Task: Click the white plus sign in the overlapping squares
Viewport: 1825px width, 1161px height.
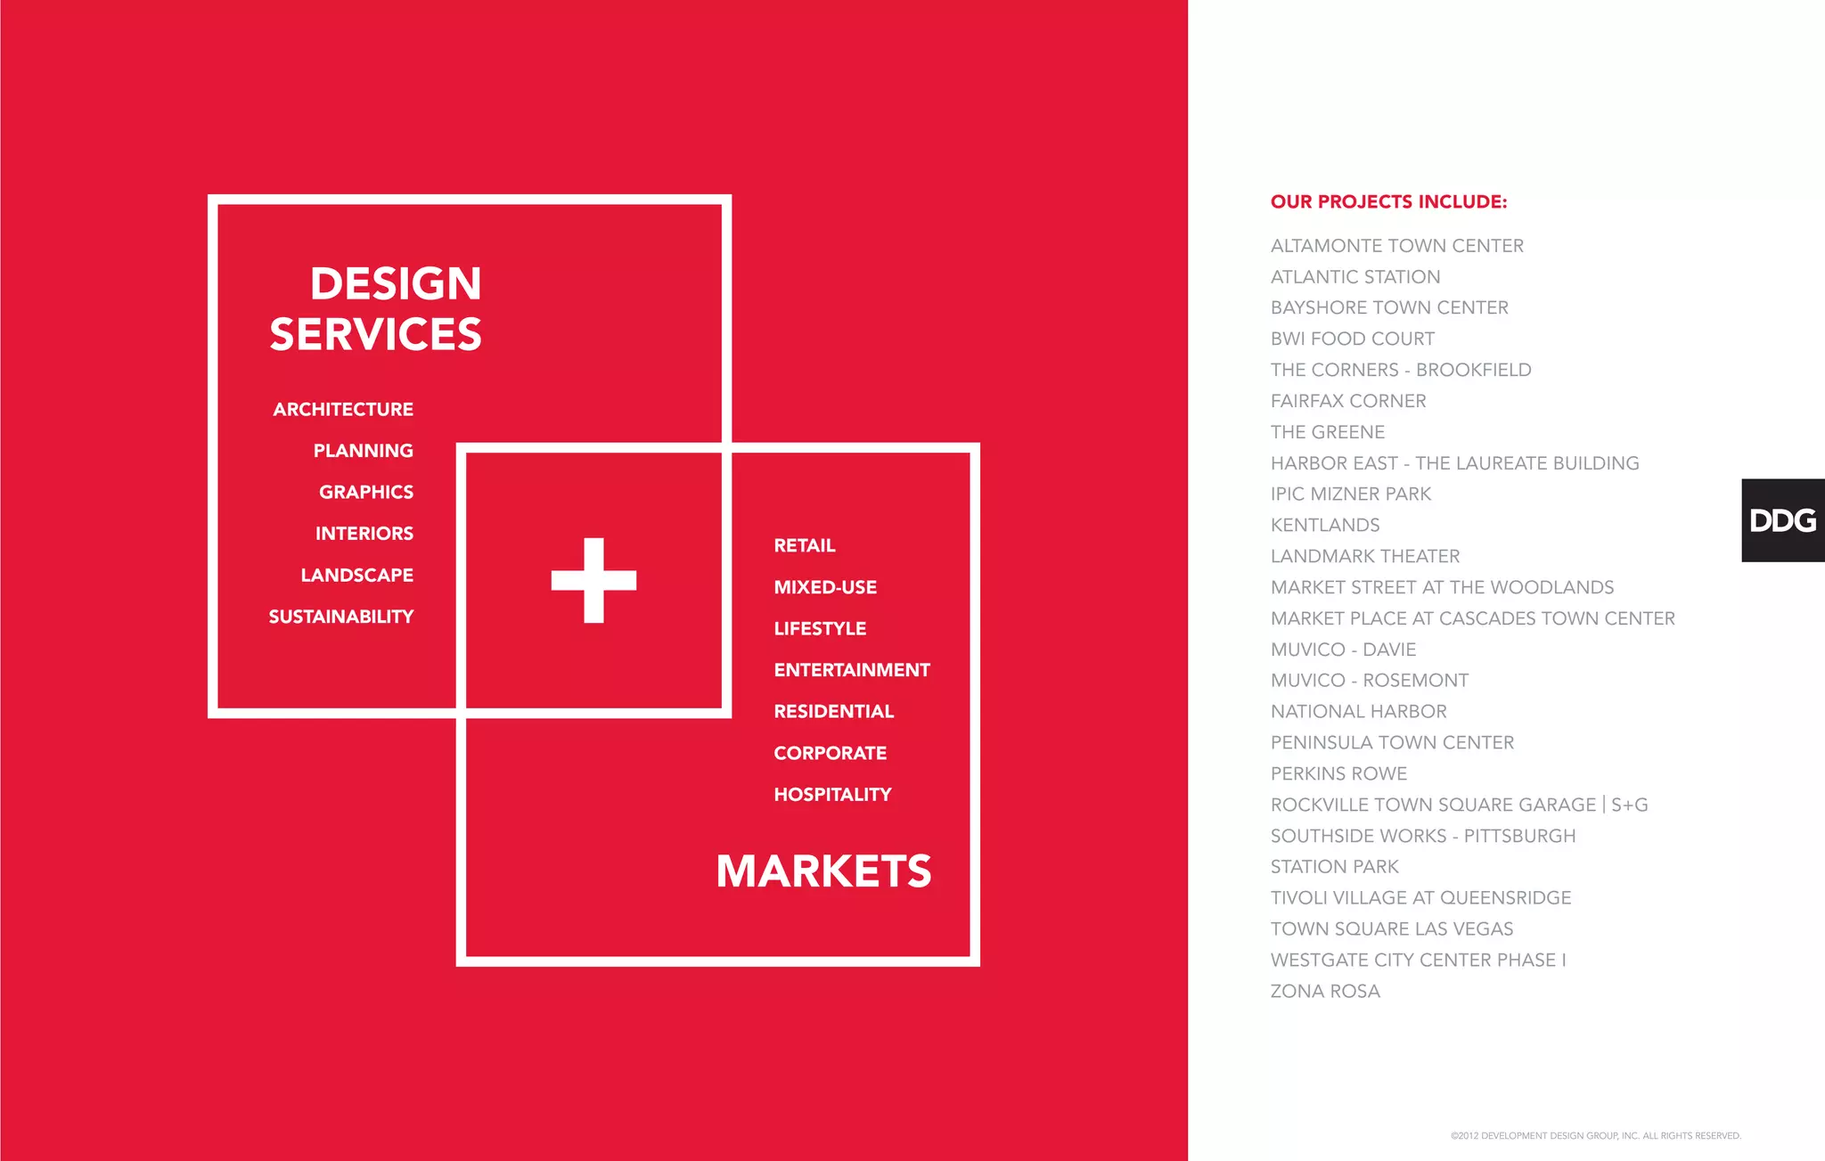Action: [593, 580]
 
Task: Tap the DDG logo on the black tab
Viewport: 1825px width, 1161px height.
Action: [1782, 520]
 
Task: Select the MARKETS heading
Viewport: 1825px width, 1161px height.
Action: [823, 871]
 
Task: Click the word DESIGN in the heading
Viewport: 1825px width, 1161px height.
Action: [396, 283]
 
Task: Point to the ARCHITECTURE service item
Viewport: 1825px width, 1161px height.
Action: [343, 409]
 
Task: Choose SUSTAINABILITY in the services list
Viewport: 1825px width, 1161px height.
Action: [341, 617]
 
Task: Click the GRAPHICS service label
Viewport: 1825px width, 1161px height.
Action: [366, 492]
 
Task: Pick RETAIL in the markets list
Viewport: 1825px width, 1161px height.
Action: [805, 545]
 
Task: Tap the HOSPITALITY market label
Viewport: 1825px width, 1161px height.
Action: [832, 794]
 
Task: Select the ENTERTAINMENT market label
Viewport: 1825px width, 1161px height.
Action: [852, 670]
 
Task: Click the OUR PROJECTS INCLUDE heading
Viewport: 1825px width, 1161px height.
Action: [1388, 201]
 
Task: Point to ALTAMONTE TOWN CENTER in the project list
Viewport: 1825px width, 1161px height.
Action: [1396, 246]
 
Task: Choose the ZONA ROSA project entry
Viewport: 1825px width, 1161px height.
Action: [1325, 991]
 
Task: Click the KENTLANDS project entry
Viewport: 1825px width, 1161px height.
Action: [1325, 525]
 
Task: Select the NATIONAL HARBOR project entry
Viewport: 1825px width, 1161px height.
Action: [1358, 711]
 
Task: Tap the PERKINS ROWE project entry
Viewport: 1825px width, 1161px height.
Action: [1338, 773]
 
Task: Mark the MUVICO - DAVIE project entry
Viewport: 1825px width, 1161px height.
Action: [1343, 650]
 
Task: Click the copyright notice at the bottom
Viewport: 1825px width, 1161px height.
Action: [1595, 1136]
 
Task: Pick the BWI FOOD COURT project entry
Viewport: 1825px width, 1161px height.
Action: [1352, 339]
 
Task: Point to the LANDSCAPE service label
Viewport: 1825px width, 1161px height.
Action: [356, 575]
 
